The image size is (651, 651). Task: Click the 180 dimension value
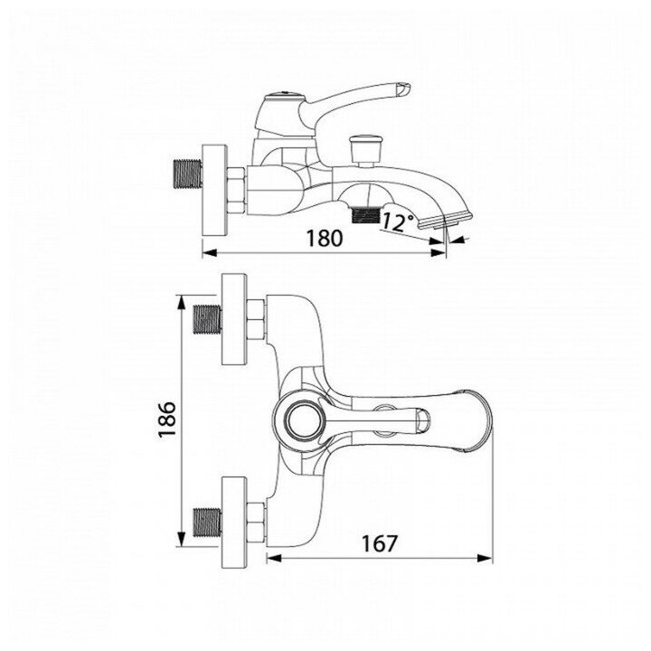pyautogui.click(x=324, y=239)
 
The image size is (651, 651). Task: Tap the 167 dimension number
pyautogui.click(x=378, y=544)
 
